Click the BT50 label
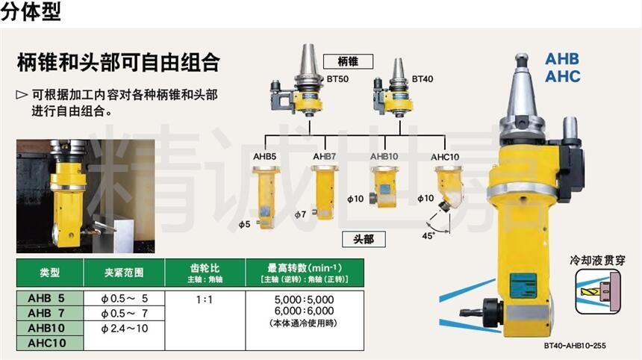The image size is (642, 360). [337, 78]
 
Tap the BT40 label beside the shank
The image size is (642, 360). [422, 78]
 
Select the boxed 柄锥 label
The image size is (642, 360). [348, 62]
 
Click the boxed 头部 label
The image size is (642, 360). [364, 239]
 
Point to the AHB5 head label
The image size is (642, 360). [264, 156]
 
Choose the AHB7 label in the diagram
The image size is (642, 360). [325, 156]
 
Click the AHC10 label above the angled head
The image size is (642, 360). [445, 157]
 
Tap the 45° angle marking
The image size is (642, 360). [428, 236]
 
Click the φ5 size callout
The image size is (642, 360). [244, 224]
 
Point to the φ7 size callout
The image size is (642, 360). [300, 214]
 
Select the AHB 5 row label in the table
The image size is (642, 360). [46, 298]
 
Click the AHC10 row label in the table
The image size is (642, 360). [47, 343]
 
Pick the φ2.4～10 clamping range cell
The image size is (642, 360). [125, 328]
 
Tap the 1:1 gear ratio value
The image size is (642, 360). [205, 300]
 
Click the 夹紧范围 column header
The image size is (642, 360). [124, 273]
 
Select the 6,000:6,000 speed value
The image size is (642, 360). [305, 311]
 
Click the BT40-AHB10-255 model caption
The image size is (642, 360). [575, 346]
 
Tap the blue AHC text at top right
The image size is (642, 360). [563, 76]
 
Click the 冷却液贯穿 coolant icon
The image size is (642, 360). [598, 291]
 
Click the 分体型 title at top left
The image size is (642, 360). [31, 11]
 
